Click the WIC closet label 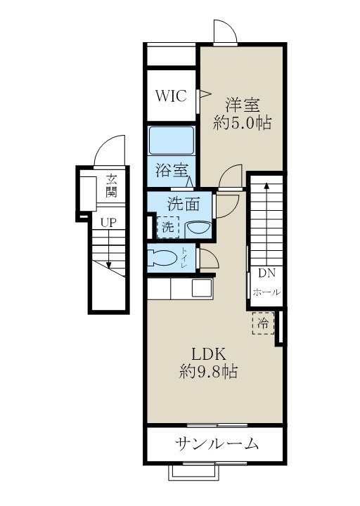click(x=172, y=96)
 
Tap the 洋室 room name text click(x=243, y=105)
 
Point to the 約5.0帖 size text click(x=243, y=122)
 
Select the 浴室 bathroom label click(x=171, y=169)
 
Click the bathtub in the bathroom click(x=172, y=141)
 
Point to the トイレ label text click(x=184, y=258)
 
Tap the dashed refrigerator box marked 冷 click(x=262, y=324)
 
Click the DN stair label click(x=265, y=273)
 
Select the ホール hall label click(x=266, y=292)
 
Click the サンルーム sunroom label click(x=217, y=443)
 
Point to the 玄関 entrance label click(x=111, y=186)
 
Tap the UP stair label click(x=107, y=222)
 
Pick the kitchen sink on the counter click(x=202, y=288)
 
